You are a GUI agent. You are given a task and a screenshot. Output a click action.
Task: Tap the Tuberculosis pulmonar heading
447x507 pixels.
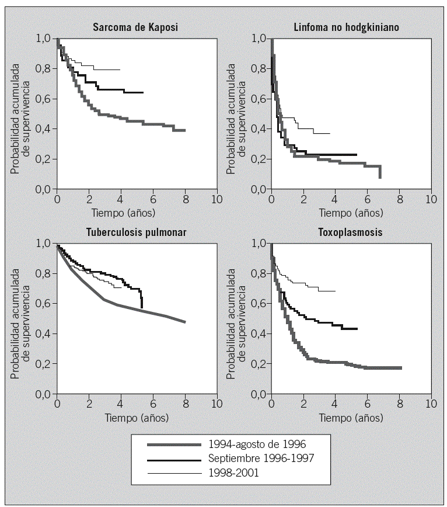point(136,232)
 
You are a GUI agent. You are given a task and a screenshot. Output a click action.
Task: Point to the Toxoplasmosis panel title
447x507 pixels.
point(351,232)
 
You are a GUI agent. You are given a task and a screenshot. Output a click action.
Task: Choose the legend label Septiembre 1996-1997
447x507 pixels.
point(261,458)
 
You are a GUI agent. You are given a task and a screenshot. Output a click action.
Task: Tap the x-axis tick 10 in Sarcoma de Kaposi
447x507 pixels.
point(216,199)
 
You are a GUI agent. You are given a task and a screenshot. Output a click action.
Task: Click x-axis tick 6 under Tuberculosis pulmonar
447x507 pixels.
point(153,404)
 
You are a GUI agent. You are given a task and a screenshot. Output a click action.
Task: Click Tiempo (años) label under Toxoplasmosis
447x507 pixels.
point(351,418)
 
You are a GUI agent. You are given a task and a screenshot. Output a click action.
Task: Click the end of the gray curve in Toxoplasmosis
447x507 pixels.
point(401,368)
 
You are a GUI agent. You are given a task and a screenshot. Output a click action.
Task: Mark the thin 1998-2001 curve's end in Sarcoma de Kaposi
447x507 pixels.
point(120,70)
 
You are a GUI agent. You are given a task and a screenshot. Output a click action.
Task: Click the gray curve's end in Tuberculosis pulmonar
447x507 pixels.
point(185,322)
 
